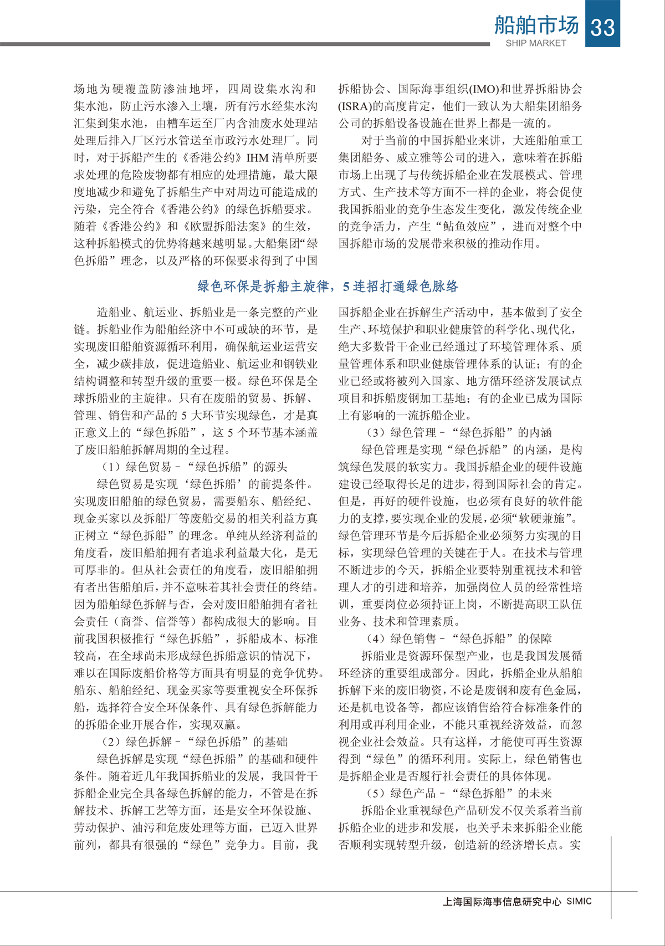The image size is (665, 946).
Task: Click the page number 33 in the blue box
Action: [x=603, y=25]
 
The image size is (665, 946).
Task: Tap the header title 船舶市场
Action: [x=536, y=24]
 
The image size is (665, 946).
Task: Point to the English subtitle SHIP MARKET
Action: [x=536, y=43]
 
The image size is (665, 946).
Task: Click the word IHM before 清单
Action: [x=258, y=158]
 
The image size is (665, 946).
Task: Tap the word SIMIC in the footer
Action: [x=579, y=901]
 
